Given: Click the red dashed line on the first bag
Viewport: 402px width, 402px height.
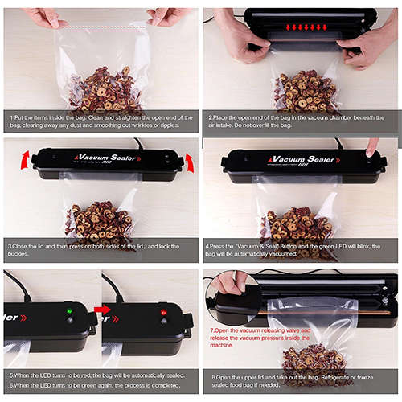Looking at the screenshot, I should (x=101, y=27).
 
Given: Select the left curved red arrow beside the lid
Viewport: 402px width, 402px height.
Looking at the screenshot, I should (x=25, y=158).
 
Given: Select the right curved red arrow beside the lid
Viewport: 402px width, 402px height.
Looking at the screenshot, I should (x=190, y=162).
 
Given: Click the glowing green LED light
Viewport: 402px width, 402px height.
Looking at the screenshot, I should (x=69, y=311).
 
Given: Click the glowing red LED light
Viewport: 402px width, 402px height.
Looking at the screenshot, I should (x=163, y=311).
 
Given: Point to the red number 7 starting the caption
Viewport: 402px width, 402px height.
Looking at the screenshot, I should (x=212, y=330).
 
